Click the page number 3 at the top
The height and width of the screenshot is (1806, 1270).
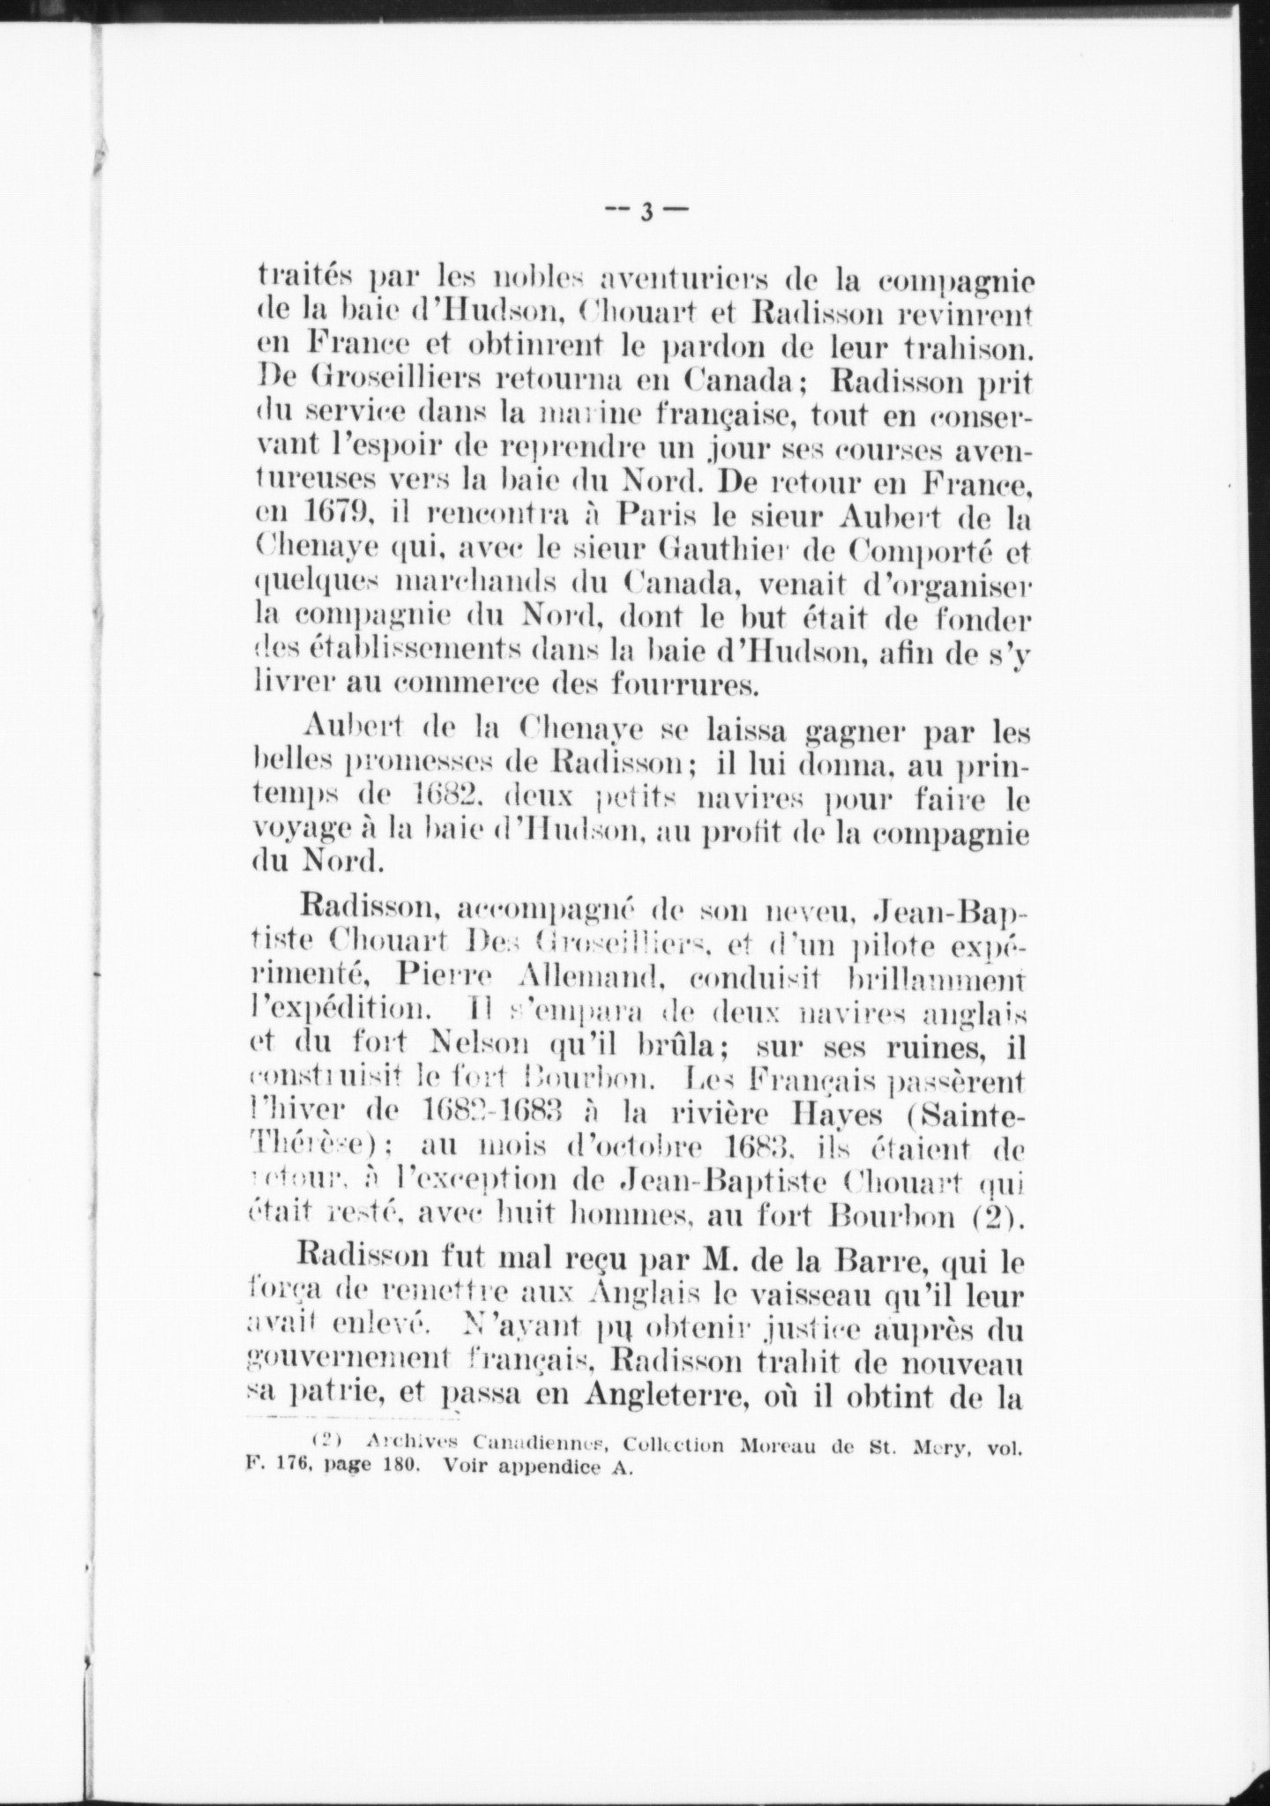click(x=646, y=213)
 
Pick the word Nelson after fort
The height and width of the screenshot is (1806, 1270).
click(x=482, y=1048)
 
